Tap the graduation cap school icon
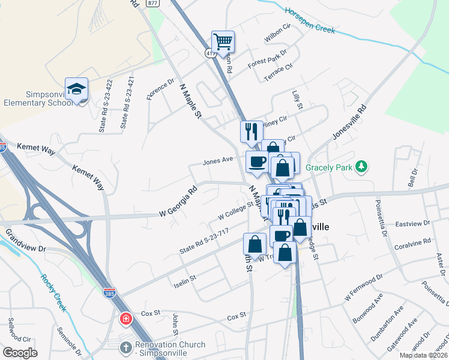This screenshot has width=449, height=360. pos(77,89)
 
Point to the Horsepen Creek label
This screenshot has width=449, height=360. pos(309,20)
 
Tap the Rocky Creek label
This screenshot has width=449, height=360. pos(52,289)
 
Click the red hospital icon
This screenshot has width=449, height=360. pos(125,318)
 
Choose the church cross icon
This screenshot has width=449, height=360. pos(125,347)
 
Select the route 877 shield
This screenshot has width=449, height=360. pos(153,3)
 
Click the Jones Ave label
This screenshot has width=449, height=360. pos(218,161)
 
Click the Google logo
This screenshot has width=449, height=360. pos(20,352)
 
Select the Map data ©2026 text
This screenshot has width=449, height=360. pos(423,355)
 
